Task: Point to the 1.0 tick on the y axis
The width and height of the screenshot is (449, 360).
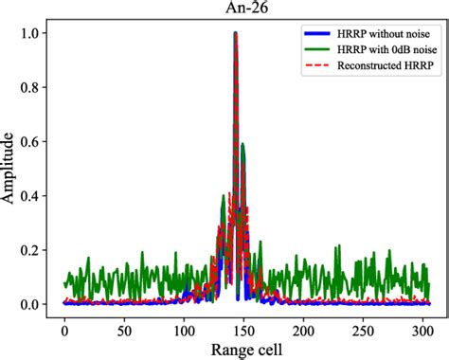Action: click(x=32, y=33)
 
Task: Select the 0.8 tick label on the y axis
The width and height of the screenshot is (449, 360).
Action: click(x=32, y=87)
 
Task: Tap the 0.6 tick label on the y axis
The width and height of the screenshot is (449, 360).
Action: click(x=32, y=141)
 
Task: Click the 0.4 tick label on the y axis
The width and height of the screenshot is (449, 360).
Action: click(x=32, y=196)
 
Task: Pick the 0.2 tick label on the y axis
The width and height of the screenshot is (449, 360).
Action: click(x=32, y=250)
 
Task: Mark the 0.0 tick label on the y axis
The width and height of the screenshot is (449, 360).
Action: click(x=32, y=304)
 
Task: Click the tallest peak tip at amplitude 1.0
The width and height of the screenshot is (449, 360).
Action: click(x=236, y=33)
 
